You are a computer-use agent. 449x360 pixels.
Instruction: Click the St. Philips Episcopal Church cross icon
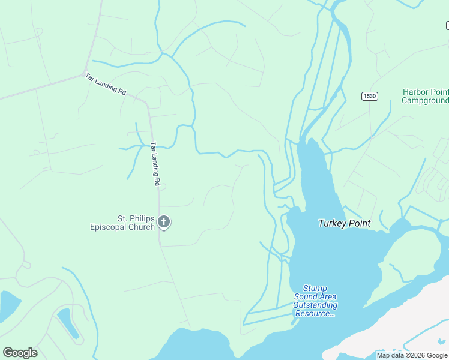point(164,223)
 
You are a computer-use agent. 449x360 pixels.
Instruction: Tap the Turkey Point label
point(344,224)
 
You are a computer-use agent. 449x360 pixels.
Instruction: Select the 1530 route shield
point(369,97)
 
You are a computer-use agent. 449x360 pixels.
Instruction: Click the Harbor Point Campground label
point(425,97)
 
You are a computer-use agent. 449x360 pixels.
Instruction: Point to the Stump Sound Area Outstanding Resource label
point(315,301)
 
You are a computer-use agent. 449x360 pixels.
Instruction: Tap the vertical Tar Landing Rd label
point(155,163)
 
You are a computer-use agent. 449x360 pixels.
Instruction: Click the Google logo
point(20,353)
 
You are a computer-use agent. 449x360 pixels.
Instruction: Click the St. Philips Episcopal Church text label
point(122,223)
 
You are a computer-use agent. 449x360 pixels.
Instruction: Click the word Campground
point(426,101)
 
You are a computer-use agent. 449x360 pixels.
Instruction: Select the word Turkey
point(333,224)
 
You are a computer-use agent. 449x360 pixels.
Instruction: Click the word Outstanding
point(315,305)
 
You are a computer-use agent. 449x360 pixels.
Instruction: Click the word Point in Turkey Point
point(359,224)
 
